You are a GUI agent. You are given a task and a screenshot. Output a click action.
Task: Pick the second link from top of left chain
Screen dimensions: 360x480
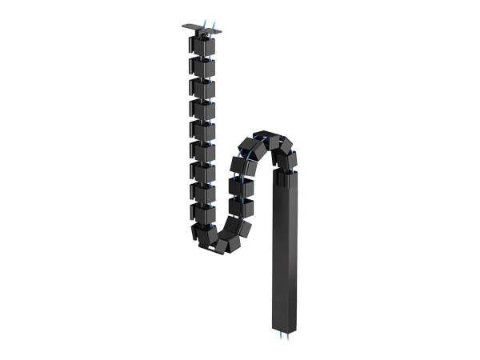coord(202,67)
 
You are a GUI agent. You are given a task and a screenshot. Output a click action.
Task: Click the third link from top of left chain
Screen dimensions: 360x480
coord(202,88)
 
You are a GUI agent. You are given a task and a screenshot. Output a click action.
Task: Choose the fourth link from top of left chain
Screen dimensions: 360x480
coord(202,109)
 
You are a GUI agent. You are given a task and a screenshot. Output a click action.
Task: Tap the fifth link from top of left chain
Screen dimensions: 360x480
coord(202,130)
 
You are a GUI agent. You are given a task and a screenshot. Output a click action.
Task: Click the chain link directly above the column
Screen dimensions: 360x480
coord(286,158)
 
